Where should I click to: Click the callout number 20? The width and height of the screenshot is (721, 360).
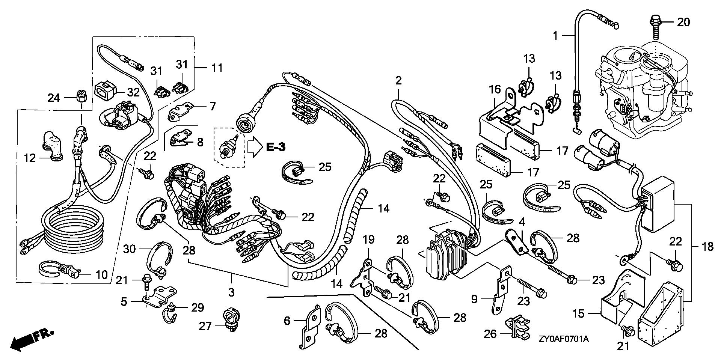pos(683,23)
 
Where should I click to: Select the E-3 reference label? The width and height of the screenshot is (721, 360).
pos(275,147)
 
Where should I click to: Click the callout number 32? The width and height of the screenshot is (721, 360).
pos(133,92)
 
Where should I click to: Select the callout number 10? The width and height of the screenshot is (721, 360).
pos(101,274)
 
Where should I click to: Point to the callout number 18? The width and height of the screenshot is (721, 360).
pos(708,247)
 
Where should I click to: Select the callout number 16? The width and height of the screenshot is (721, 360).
pos(495,89)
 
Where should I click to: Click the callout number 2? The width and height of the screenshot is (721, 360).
pos(398,80)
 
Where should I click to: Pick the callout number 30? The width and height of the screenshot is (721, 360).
pos(133,248)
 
